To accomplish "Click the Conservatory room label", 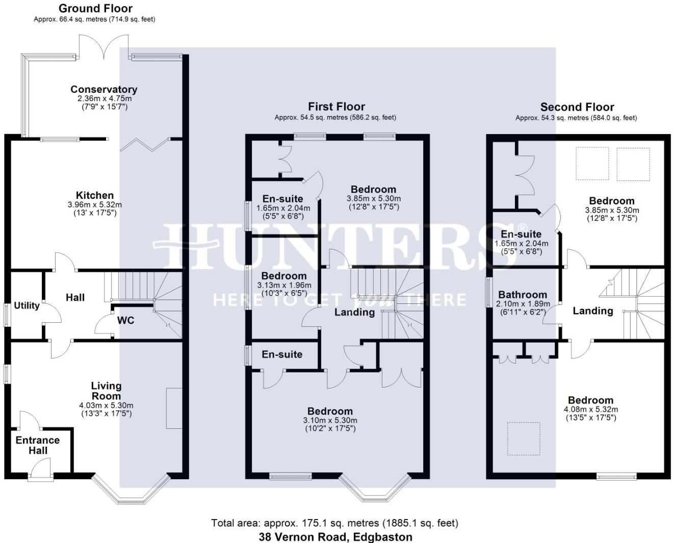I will click(x=103, y=90).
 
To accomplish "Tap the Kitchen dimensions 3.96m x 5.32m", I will click(x=95, y=204).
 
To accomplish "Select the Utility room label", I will click(x=27, y=305).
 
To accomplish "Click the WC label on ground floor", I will click(x=126, y=320).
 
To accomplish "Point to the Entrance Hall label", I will click(x=38, y=445).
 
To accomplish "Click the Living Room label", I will click(x=106, y=391).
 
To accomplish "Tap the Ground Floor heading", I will click(x=95, y=8).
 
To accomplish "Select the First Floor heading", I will click(x=336, y=107).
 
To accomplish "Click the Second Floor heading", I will click(x=577, y=107).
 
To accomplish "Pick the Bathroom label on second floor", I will click(x=522, y=295).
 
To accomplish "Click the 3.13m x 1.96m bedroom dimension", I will click(x=284, y=285).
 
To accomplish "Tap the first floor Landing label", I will click(x=354, y=312).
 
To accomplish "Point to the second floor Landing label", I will click(x=592, y=311).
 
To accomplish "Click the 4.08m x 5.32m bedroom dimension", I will click(x=590, y=409).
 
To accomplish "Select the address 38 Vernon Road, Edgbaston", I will click(x=335, y=536).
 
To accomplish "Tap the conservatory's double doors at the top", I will click(x=103, y=46).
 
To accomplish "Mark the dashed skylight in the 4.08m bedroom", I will click(x=523, y=438).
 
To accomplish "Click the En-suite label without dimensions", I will click(x=282, y=354).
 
